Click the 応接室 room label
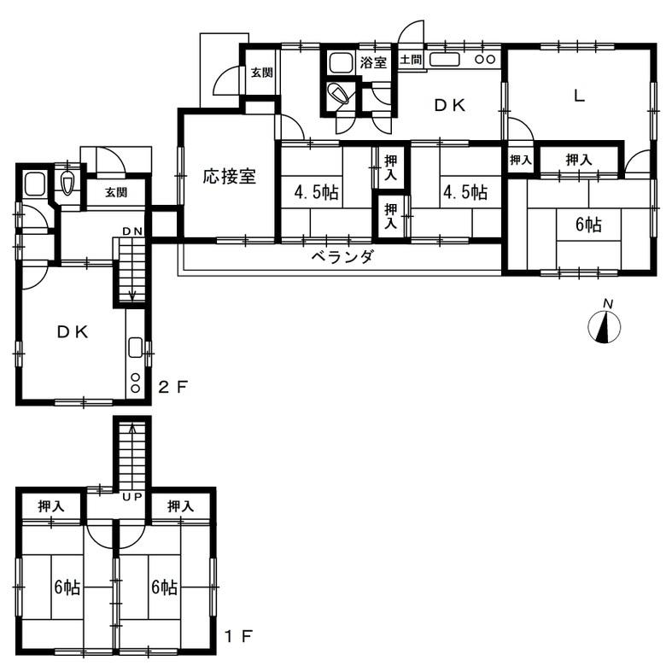click(x=230, y=176)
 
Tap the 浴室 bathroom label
click(x=373, y=62)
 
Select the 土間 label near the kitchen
click(x=411, y=60)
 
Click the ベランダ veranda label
click(x=342, y=257)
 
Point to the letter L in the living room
click(x=580, y=96)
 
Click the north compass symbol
click(x=605, y=326)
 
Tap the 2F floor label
click(x=173, y=388)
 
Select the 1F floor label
click(x=239, y=636)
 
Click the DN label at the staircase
click(x=132, y=231)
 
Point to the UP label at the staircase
click(x=131, y=497)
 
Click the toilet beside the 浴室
click(x=338, y=94)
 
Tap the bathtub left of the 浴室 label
click(x=342, y=63)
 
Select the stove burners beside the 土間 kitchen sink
click(x=485, y=60)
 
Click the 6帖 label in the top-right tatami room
click(x=588, y=225)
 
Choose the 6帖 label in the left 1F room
click(x=67, y=587)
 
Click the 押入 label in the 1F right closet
click(x=180, y=506)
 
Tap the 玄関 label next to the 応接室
click(x=261, y=73)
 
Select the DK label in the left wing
click(x=73, y=331)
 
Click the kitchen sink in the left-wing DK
click(x=136, y=348)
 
